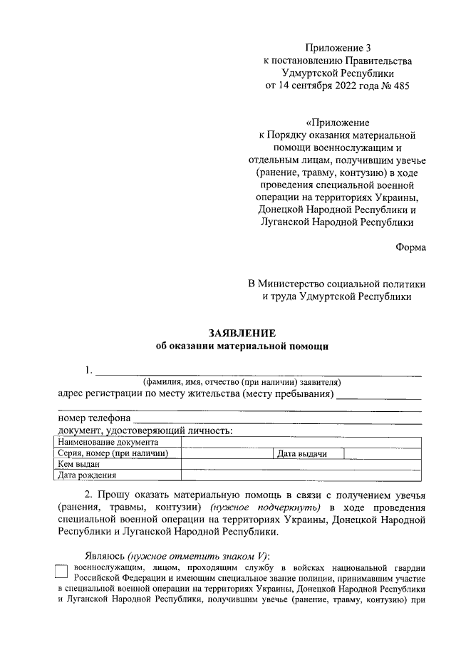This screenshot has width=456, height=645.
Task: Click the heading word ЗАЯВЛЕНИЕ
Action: click(242, 333)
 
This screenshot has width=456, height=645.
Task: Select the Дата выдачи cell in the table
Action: click(301, 453)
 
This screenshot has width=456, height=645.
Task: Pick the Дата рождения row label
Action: click(87, 475)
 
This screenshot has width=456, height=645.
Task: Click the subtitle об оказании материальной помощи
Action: click(242, 346)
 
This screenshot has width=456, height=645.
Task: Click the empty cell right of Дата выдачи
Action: click(383, 453)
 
